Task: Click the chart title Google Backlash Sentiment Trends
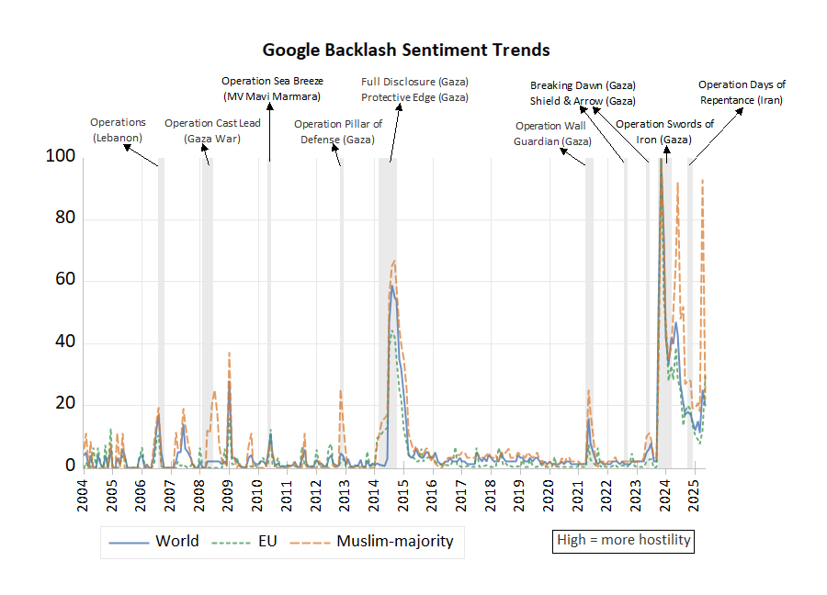point(406,50)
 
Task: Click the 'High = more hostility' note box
point(624,540)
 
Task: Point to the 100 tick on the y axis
point(59,157)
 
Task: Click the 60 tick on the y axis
point(62,281)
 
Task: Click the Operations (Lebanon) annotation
point(118,129)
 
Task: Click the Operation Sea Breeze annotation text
point(272,89)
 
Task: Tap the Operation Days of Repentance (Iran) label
point(742,92)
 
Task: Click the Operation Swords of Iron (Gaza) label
point(664,131)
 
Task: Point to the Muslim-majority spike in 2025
point(702,181)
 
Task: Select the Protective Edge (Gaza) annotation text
point(414,97)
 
